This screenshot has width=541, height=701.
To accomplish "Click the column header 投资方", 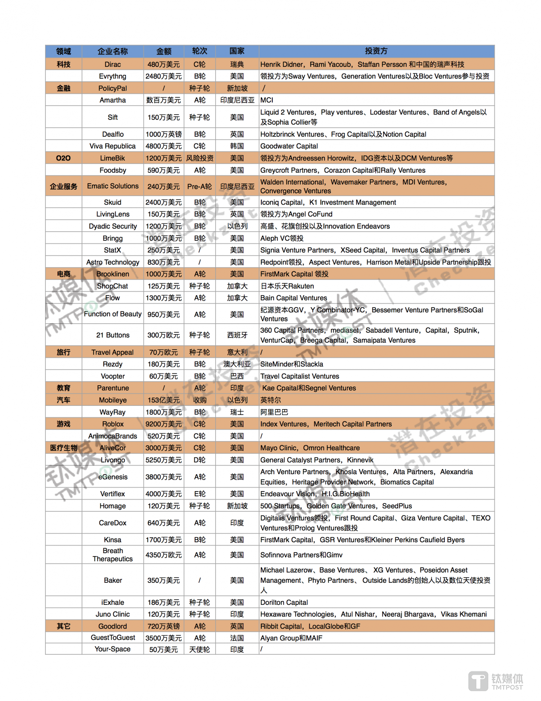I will pos(376,51).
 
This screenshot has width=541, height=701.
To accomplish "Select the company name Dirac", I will pos(113,64).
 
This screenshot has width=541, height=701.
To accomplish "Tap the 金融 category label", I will pos(63,88).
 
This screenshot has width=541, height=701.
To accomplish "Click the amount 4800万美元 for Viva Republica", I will pos(163,146).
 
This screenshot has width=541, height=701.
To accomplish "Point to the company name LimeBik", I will pos(113,158).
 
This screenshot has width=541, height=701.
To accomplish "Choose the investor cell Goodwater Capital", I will pos(289,146).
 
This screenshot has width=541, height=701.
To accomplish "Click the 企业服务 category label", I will pos(63,186).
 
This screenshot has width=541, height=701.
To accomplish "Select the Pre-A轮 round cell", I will pos(199,186).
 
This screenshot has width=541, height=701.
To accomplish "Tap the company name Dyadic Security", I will pos(113,226).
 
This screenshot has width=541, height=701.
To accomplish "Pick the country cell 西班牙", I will pos(237,335).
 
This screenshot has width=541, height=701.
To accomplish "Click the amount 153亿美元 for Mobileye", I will pos(163,400).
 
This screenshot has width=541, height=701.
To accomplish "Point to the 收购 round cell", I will pos(199,400).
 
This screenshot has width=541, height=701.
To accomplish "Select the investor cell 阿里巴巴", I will pos(274,412).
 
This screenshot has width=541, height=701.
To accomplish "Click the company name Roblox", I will pos(113,424).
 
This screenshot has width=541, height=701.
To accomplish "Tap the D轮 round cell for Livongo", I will pos(199,460).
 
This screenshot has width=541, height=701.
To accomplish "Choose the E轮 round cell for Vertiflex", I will pos(199,494).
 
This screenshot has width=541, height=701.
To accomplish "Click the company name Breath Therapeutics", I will pos(113,555).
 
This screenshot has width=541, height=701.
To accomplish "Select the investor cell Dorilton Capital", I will pos(284,602).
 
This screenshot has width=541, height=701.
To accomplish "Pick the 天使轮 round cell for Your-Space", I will pos(199,649).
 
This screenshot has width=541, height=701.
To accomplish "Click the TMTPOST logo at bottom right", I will pos(496,681).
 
